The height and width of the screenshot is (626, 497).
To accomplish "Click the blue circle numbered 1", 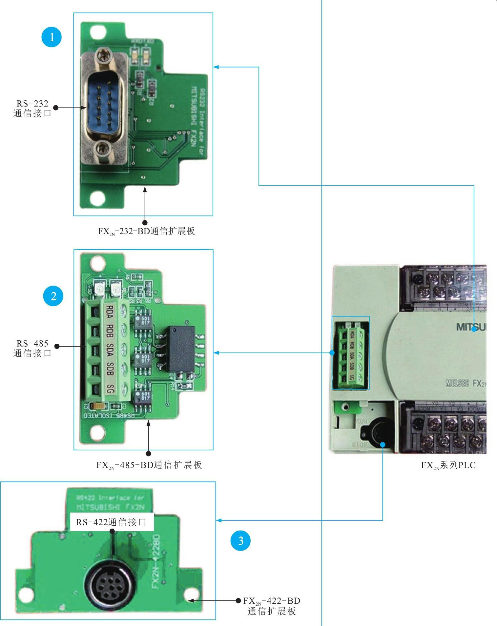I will (52, 37).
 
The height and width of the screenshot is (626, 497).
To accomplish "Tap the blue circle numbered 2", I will (53, 296).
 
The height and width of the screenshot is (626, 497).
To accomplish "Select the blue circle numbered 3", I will (240, 540).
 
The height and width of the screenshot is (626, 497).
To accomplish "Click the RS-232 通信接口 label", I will (32, 109).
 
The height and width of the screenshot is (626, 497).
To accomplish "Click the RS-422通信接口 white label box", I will (112, 522).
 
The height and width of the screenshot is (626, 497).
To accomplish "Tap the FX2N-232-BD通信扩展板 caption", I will (146, 231).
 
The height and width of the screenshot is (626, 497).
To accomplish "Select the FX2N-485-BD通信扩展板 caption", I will (149, 465).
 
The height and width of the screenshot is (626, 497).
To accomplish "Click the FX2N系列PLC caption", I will (448, 465).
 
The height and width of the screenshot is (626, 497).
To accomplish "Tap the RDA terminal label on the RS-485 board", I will (110, 312).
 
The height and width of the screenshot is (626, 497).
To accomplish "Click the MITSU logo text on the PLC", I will (471, 327).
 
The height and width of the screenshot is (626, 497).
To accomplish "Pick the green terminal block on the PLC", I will (350, 353).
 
